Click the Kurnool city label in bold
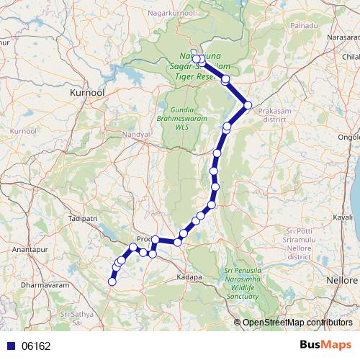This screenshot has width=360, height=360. click(x=87, y=94)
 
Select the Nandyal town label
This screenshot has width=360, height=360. click(x=136, y=135)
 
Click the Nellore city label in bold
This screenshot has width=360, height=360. click(x=341, y=279)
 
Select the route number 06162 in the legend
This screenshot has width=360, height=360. click(x=36, y=346)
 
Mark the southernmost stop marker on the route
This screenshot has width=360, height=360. click(x=112, y=282)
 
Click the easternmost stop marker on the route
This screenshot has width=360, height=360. click(x=248, y=105)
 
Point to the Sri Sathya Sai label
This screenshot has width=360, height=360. click(x=78, y=319)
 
